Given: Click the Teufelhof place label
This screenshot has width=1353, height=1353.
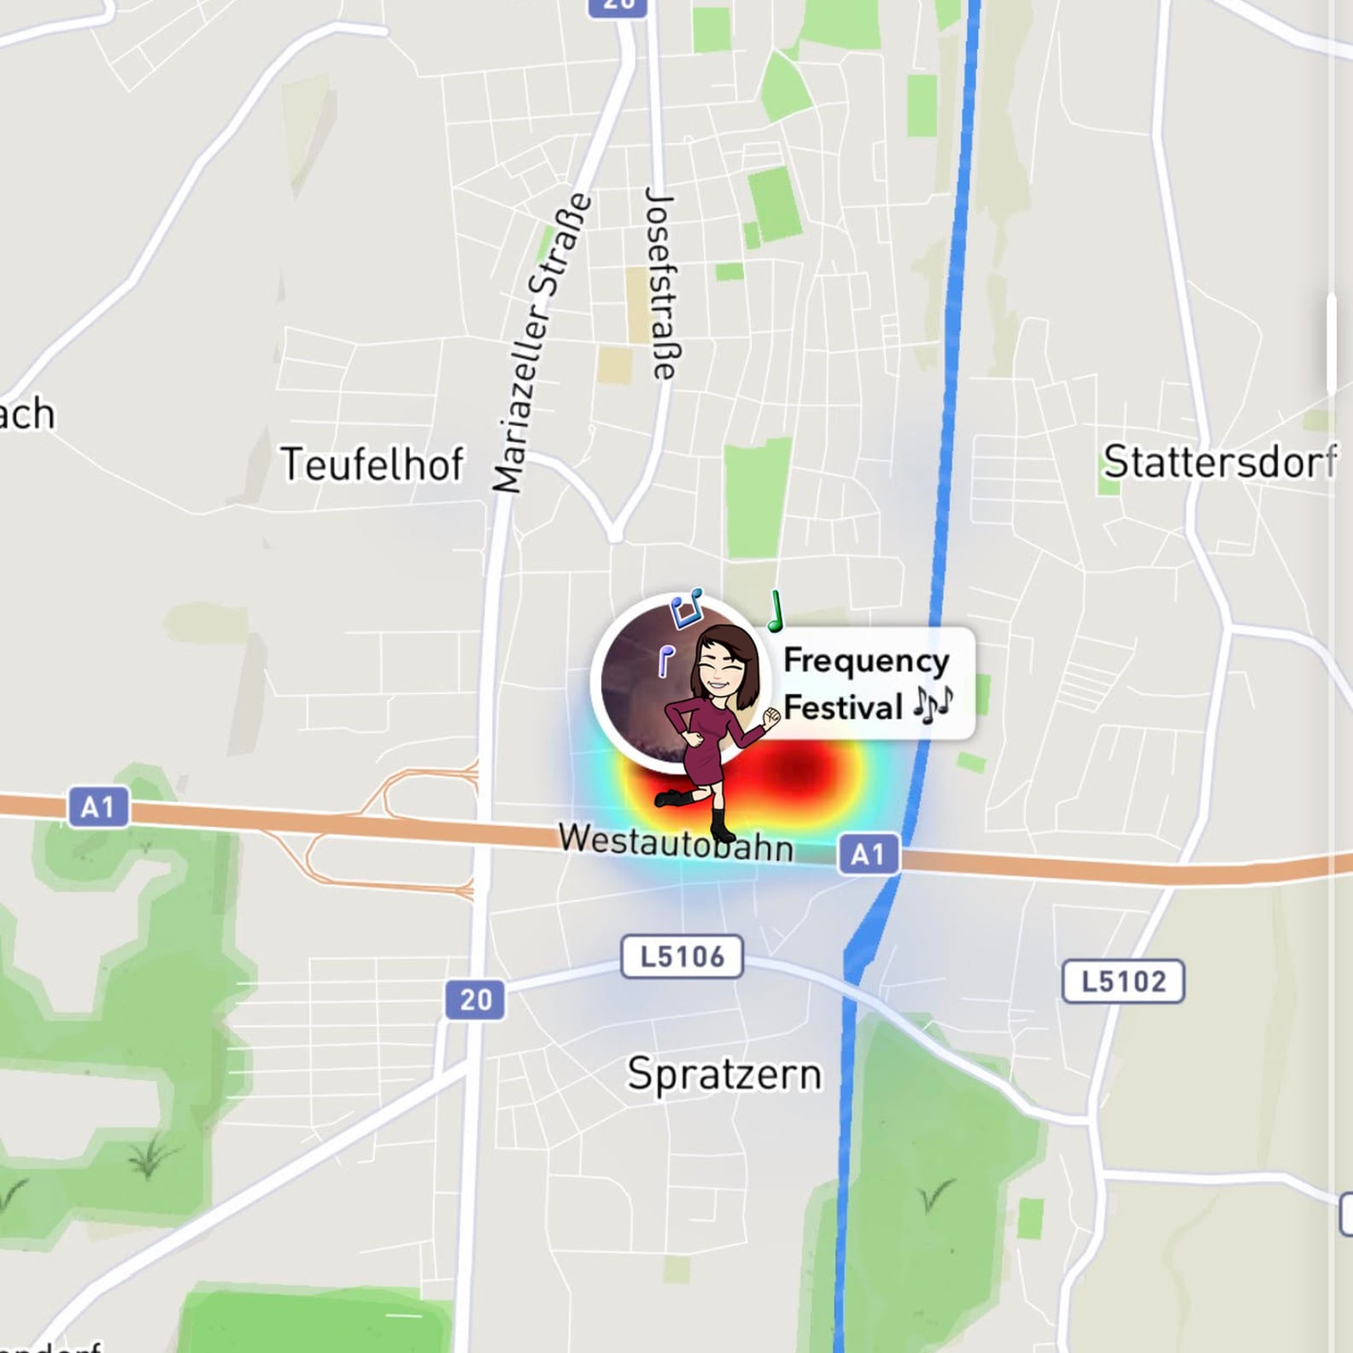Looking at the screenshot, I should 372,465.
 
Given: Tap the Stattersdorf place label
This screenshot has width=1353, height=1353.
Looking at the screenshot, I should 1219,462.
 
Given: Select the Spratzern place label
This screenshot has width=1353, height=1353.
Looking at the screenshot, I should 724,1074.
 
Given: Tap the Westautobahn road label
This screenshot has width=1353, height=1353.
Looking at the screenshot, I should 676,843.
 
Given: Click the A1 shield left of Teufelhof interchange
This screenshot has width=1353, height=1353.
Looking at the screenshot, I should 98,807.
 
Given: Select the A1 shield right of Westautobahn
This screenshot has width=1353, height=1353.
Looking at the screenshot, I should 868,853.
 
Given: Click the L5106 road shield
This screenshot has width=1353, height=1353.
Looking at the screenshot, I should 682,957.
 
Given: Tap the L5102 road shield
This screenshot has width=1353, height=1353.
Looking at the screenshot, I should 1123,981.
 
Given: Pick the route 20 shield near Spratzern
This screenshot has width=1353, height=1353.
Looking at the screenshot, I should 475,999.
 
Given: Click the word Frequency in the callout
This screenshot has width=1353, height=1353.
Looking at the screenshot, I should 866,661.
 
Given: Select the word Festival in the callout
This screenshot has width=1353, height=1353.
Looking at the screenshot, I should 842,707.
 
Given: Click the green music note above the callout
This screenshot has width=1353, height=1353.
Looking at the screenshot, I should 776,612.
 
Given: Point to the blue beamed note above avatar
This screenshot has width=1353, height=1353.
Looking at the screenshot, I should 686,607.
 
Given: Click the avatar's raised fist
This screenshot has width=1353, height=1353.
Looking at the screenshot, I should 771,718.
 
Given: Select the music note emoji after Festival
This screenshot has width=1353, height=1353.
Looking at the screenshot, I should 933,706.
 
